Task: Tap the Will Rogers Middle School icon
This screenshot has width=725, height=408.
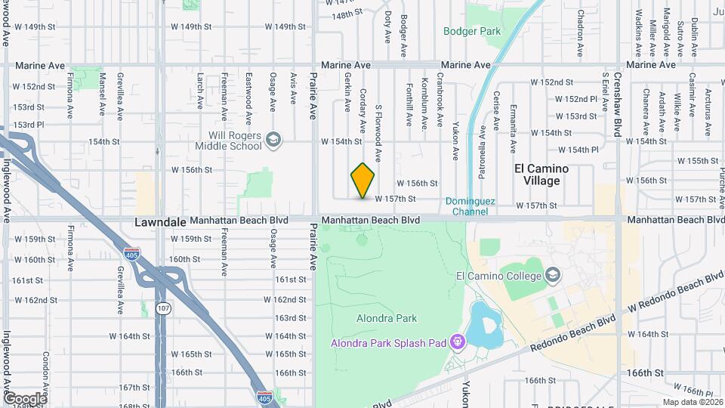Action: pyautogui.click(x=273, y=139)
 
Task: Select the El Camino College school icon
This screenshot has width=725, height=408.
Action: pyautogui.click(x=553, y=274)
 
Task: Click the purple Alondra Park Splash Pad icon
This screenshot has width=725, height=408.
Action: pyautogui.click(x=457, y=342)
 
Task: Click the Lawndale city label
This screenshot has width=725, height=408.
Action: pyautogui.click(x=159, y=223)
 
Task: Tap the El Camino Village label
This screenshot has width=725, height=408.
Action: pyautogui.click(x=541, y=175)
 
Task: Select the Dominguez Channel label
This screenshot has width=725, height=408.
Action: pyautogui.click(x=470, y=206)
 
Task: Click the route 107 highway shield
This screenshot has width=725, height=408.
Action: pyautogui.click(x=162, y=308)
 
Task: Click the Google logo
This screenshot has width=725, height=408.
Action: pyautogui.click(x=24, y=398)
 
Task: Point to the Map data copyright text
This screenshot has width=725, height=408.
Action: pyautogui.click(x=691, y=402)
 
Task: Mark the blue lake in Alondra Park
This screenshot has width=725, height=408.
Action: pyautogui.click(x=484, y=325)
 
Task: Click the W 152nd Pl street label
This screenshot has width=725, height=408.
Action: pyautogui.click(x=576, y=99)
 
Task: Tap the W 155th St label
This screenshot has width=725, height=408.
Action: pyautogui.click(x=697, y=161)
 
